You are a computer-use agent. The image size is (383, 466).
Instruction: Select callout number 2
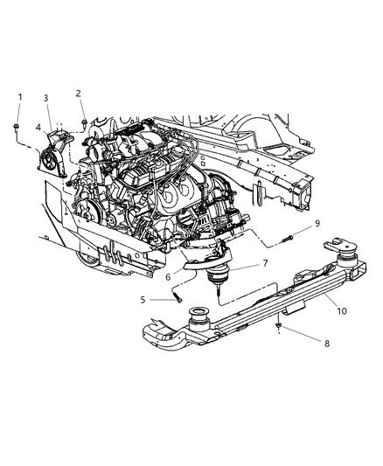79,93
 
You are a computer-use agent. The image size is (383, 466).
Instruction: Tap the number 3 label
46,98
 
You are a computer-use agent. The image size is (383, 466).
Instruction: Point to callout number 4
38,128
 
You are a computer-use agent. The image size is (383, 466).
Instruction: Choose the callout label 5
143,299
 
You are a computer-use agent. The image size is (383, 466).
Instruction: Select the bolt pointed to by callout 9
286,238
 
